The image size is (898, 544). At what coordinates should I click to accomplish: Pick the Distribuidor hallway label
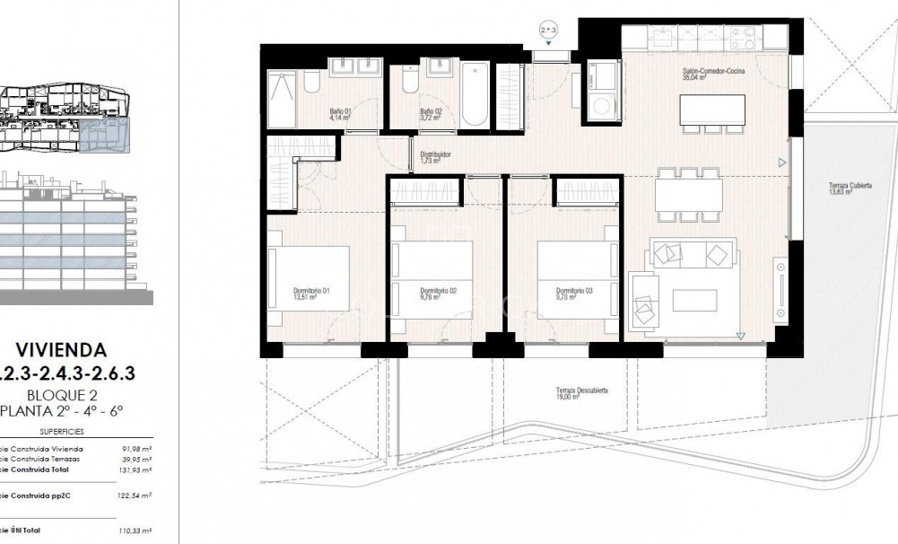(x=435, y=157)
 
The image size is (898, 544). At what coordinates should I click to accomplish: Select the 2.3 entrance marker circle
(x=549, y=31)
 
